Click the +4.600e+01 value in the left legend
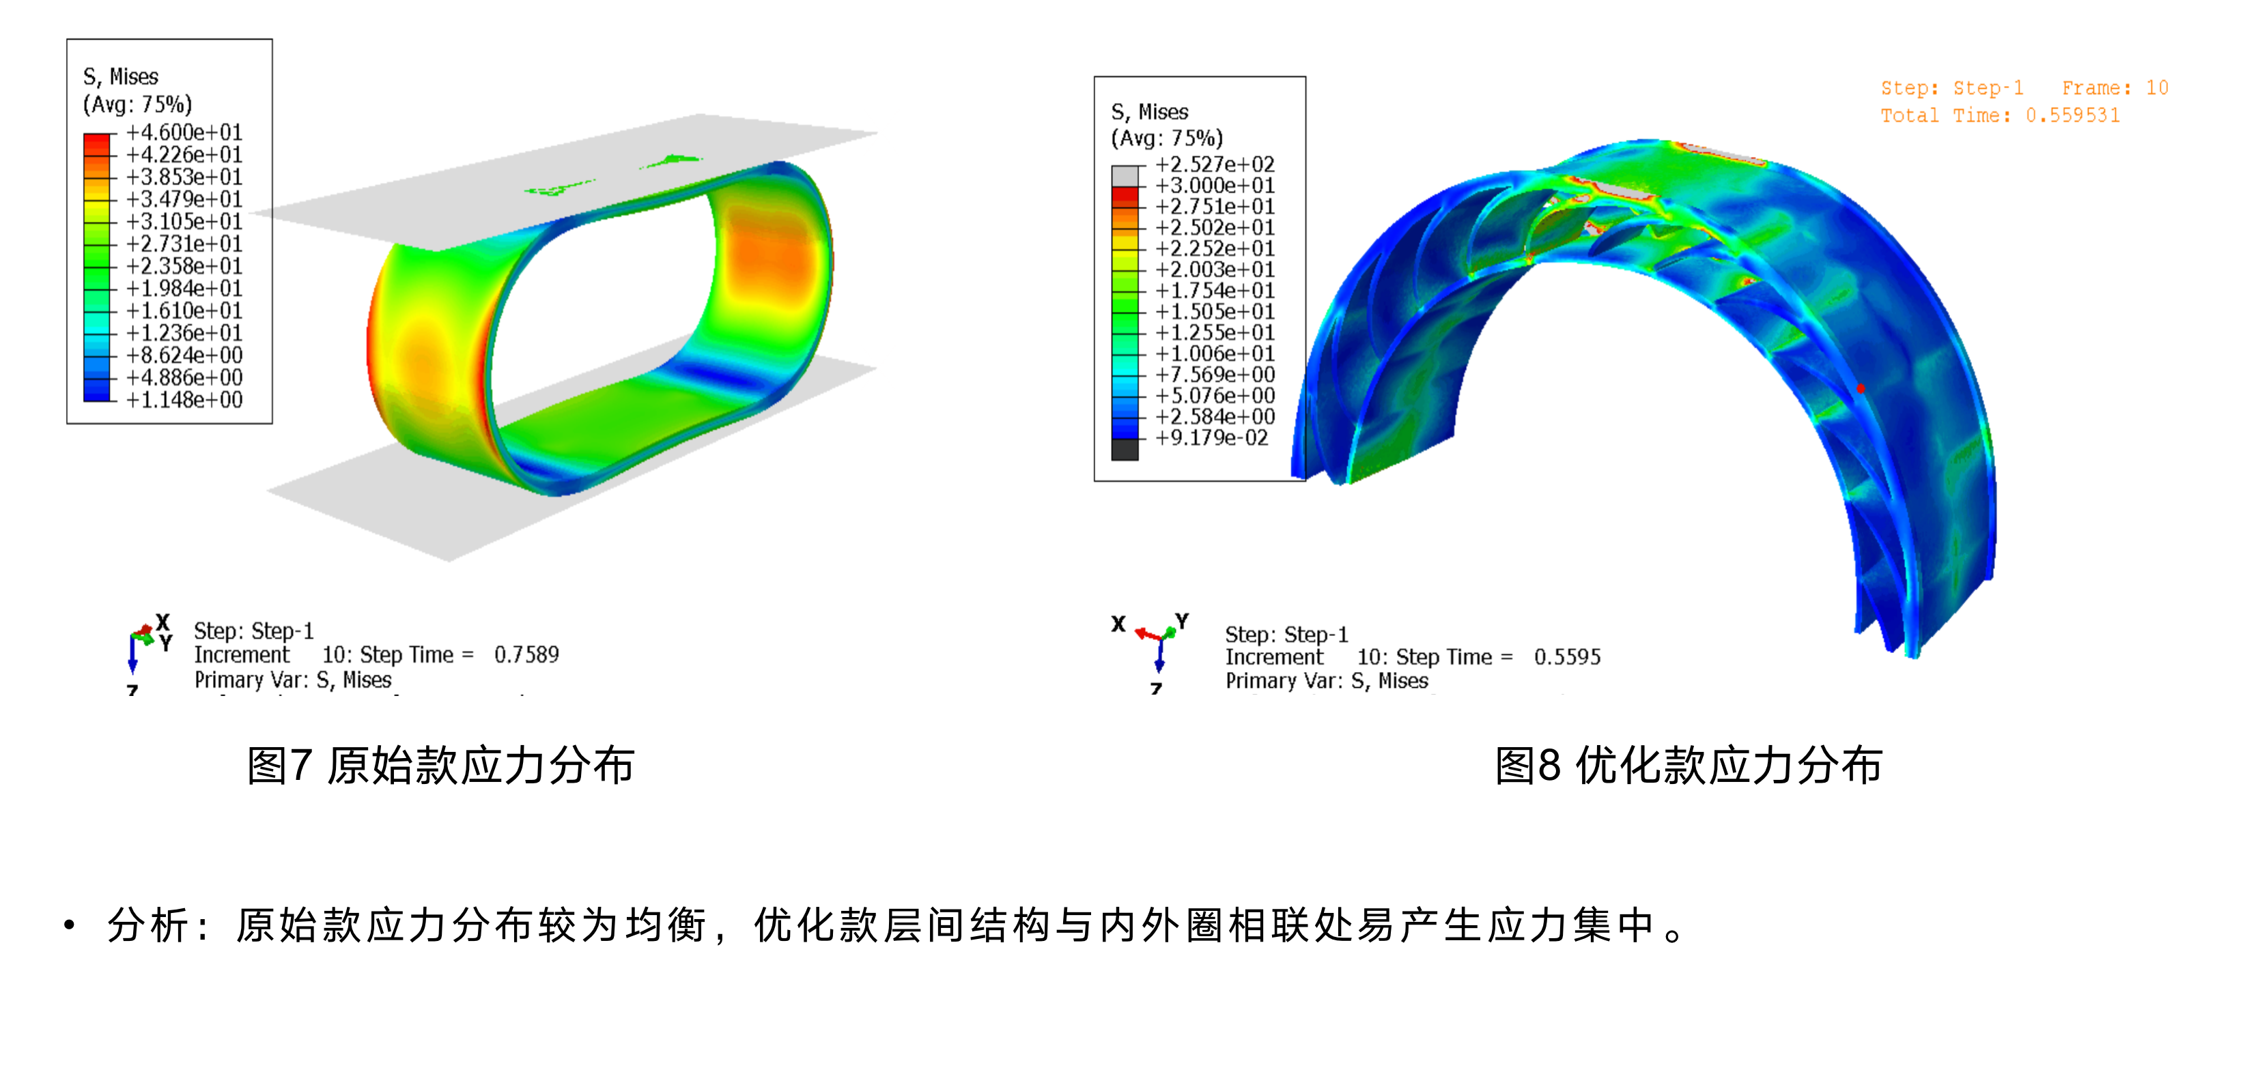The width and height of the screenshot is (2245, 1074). (184, 132)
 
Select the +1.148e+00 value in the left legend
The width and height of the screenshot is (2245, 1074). (184, 400)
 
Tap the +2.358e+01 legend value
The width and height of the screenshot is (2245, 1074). (184, 265)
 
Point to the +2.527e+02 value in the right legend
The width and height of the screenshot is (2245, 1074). (1215, 164)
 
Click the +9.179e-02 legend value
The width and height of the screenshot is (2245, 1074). (1211, 438)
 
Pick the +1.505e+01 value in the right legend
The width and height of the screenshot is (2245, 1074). (1215, 312)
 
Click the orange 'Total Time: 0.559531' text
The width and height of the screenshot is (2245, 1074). (1999, 116)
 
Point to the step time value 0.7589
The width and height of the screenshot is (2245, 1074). (526, 655)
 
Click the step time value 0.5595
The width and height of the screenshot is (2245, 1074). (1567, 658)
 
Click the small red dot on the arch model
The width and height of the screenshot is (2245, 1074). (1861, 388)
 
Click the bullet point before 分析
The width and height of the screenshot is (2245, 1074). (70, 925)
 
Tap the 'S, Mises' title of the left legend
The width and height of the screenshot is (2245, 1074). (120, 76)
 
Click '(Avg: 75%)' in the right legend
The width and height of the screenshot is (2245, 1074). (1166, 139)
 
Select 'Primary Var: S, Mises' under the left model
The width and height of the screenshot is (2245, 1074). (293, 680)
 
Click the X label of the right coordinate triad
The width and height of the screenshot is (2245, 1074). (1118, 624)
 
